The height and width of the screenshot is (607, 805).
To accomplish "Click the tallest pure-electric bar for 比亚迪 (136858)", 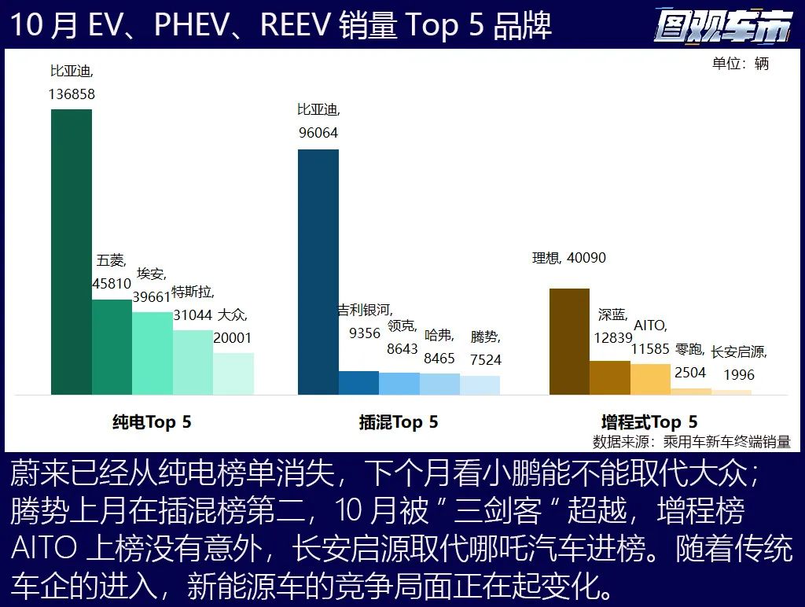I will tap(72, 252).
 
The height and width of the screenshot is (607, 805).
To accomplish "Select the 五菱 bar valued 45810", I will tap(112, 347).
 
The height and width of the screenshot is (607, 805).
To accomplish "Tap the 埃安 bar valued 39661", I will tap(153, 353).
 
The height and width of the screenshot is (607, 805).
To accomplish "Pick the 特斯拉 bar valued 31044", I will tap(193, 362).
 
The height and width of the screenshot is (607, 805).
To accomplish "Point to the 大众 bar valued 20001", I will tap(233, 373).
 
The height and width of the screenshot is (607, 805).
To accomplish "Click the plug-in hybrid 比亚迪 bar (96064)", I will tap(318, 272).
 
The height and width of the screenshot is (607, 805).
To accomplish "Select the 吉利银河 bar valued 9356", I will tap(358, 383).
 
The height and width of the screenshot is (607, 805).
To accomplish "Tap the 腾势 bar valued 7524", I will tap(480, 385).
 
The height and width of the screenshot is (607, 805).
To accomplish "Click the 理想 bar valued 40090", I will tap(569, 341).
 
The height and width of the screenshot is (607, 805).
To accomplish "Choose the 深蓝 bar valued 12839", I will tap(610, 377).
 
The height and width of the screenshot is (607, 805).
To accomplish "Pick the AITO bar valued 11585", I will tap(650, 379).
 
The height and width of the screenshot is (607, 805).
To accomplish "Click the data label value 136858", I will tap(72, 94).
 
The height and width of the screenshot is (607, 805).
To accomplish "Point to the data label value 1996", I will tap(739, 375).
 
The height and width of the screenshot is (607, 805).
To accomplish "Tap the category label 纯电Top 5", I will tap(152, 422).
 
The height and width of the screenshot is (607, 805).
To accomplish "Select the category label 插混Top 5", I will tap(399, 422).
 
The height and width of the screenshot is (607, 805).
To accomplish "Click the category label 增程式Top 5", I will tap(649, 422).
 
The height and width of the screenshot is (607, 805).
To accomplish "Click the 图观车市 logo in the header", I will tap(722, 27).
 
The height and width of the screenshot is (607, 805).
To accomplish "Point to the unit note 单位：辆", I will tap(741, 64).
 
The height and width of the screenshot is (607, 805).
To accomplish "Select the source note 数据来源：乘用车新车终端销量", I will tap(692, 442).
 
